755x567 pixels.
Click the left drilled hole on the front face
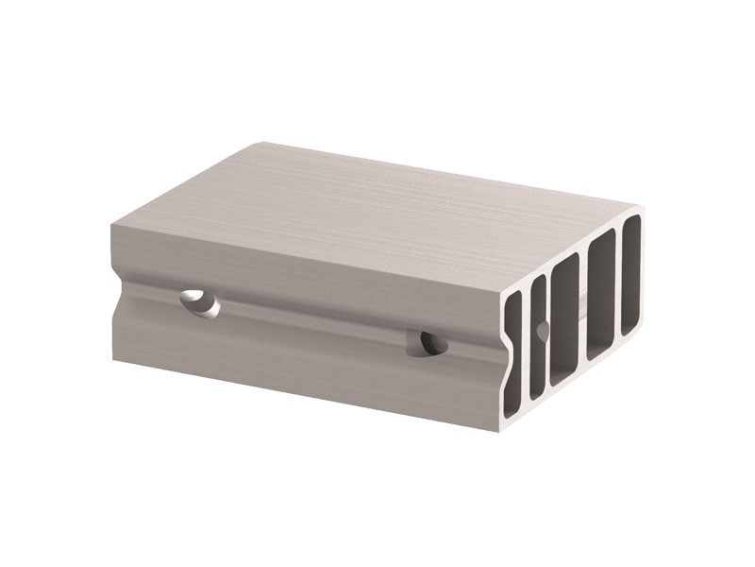(199, 302)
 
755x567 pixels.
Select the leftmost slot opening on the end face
(512, 354)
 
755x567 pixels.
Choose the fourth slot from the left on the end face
(601, 294)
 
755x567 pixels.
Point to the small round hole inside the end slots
(542, 330)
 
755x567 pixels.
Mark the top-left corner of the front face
(111, 225)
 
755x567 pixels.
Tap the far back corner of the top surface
(261, 143)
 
